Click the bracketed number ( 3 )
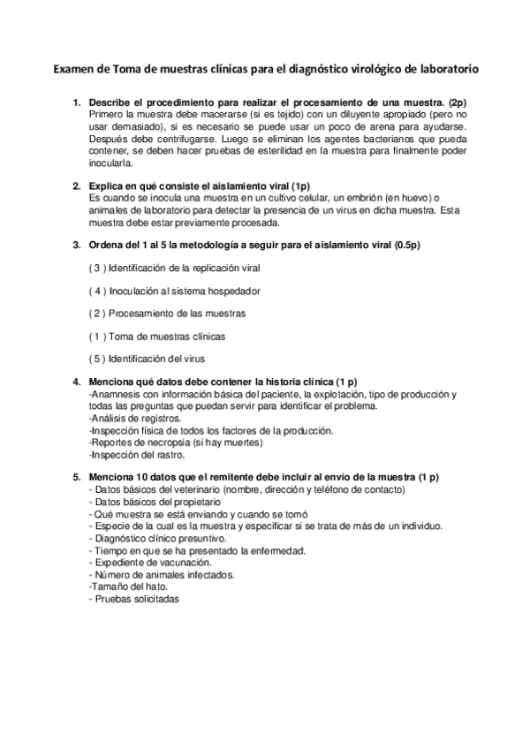coord(97,267)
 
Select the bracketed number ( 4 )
coord(97,290)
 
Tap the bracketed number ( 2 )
coord(97,313)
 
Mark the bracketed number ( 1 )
coord(97,336)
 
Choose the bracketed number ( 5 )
coord(97,359)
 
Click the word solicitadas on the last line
coord(155,599)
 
